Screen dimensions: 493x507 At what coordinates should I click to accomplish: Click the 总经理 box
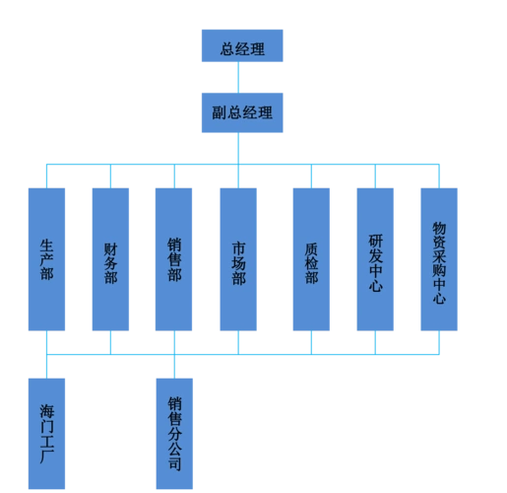pos(241,46)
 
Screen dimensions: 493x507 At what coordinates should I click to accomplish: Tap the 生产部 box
pos(47,259)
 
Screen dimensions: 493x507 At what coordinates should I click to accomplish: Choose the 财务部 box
pos(110,259)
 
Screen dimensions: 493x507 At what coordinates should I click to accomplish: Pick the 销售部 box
pos(174,259)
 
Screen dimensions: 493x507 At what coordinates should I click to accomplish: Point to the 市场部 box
pos(238,259)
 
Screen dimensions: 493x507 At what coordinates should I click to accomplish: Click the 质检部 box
pos(311,259)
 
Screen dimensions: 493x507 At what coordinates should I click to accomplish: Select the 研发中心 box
pos(376,259)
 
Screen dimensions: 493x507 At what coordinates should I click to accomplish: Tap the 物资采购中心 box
pos(440,259)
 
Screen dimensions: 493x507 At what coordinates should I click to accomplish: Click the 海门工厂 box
pos(47,432)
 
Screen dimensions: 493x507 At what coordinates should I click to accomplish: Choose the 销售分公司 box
pos(174,432)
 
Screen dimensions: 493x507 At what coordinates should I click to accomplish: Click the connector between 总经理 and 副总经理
pos(241,77)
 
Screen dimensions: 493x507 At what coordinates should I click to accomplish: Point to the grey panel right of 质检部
pos(343,259)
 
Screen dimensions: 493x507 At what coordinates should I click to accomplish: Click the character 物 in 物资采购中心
pos(440,228)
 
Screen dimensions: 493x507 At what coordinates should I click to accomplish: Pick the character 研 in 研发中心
pos(376,240)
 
